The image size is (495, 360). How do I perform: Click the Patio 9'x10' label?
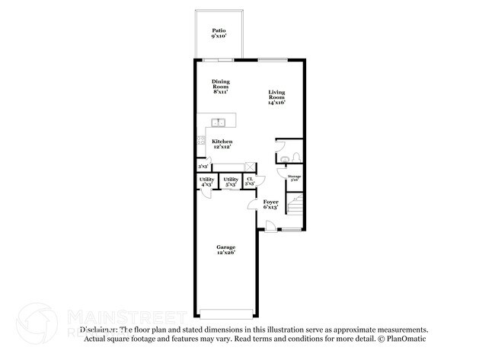[221, 33]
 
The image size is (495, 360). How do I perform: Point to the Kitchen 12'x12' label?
[222, 143]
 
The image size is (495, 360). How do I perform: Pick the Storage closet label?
[294, 178]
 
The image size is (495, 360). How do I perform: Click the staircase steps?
[295, 204]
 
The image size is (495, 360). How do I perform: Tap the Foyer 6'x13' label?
[270, 204]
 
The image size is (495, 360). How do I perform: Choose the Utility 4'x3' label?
[206, 181]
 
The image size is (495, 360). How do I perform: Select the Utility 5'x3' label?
[231, 181]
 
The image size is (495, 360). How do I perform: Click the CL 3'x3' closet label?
[250, 181]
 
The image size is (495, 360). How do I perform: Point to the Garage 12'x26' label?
[225, 249]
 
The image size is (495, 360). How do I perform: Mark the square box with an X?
[250, 166]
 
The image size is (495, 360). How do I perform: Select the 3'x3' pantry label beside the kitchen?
[203, 166]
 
